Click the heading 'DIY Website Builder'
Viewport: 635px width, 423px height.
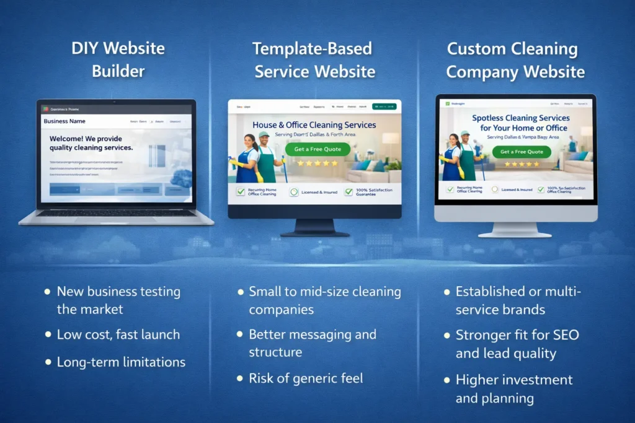118,59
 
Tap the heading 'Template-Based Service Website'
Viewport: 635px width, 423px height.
315,59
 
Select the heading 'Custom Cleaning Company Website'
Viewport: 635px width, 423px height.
515,60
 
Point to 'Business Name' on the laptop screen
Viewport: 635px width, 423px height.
64,121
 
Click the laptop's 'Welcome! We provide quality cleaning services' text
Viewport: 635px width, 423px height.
91,143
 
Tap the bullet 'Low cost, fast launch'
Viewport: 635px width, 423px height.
118,334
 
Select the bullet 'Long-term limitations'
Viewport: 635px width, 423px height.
121,362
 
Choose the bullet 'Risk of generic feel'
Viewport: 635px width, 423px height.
306,378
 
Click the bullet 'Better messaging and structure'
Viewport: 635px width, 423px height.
313,343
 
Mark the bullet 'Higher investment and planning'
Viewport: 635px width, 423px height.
514,389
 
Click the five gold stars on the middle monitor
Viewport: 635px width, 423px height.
317,164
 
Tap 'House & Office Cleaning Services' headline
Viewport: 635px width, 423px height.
314,125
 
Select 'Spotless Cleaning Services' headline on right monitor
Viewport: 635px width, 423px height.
521,118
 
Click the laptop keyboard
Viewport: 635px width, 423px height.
116,212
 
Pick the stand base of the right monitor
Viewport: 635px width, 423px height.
515,234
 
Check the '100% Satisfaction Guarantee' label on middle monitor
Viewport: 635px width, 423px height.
374,192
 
